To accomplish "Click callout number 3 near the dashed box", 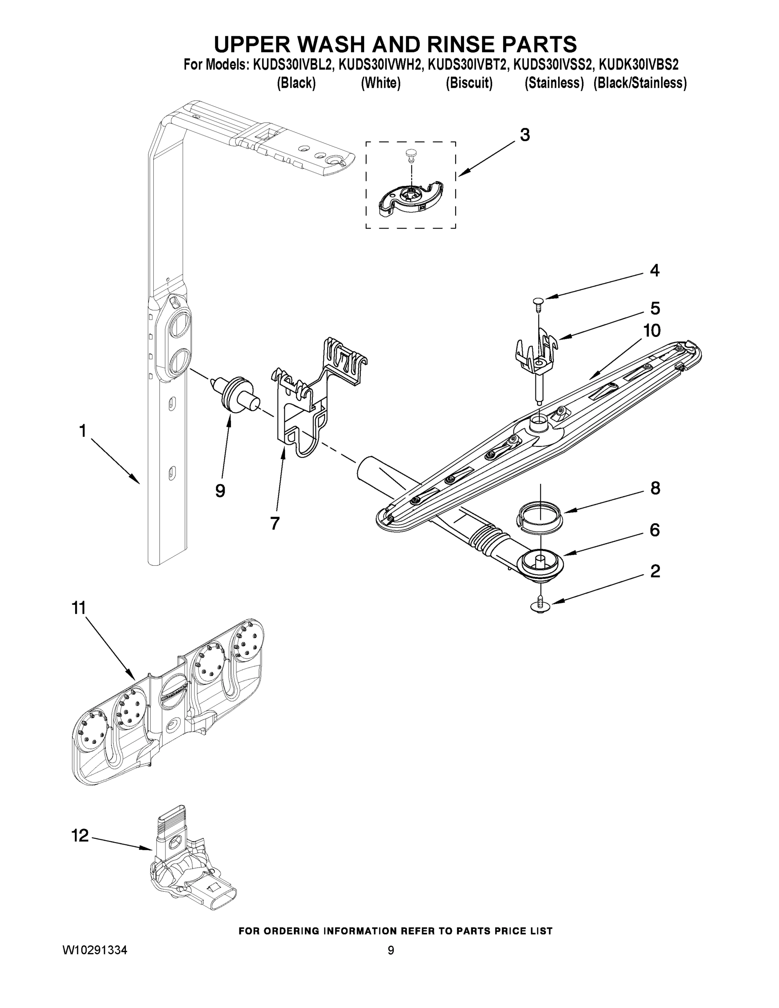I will [x=525, y=135].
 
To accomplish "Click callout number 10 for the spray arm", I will [x=652, y=331].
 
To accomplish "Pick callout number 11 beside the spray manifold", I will [x=79, y=608].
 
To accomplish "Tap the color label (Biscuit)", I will [x=469, y=83].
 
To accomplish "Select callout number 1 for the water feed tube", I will [x=82, y=431].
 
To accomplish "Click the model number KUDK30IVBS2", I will [x=638, y=65].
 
